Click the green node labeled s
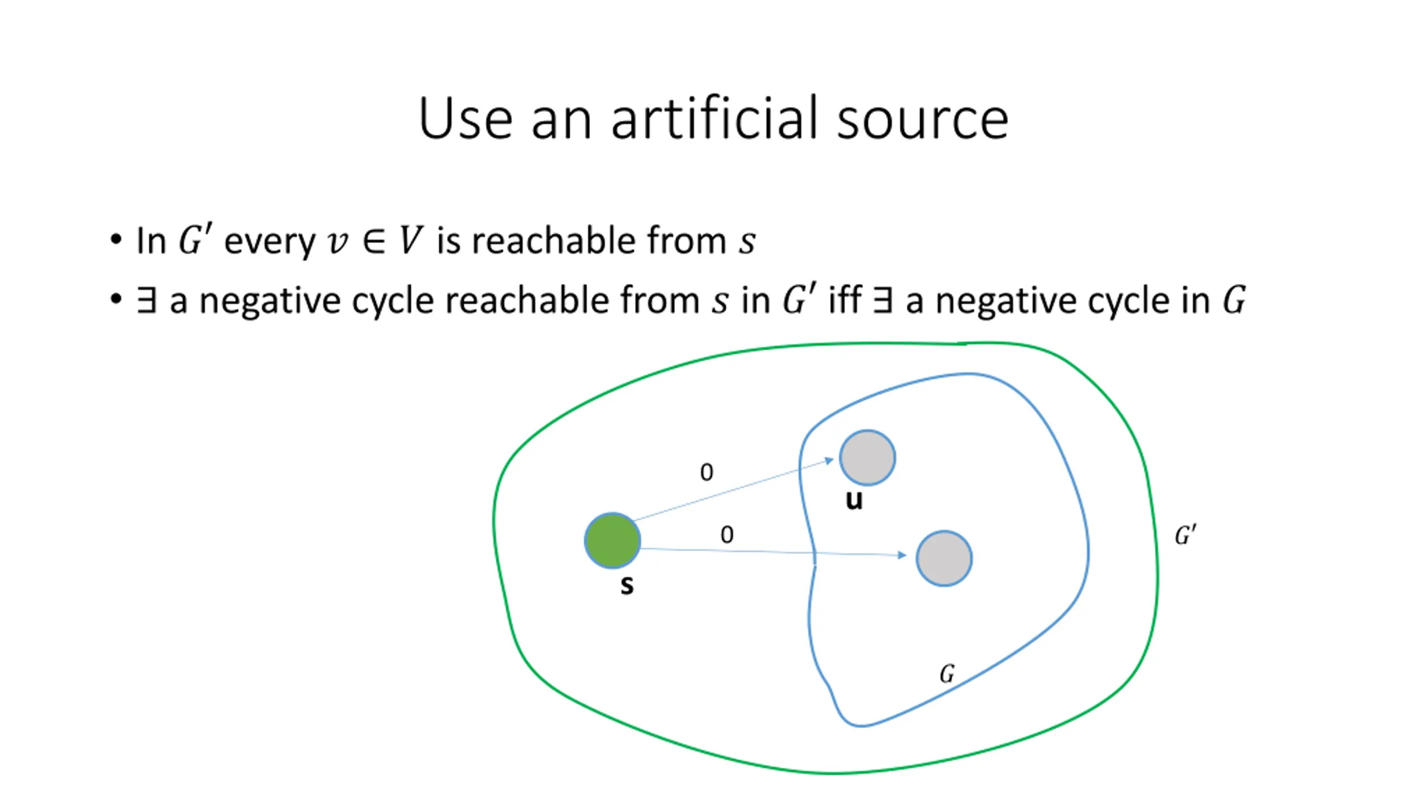coord(612,540)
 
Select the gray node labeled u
coord(867,457)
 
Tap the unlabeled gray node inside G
coord(944,558)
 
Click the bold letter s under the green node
coord(627,586)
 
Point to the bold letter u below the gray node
coord(854,500)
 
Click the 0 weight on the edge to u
coord(706,472)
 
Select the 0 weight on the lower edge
coord(727,535)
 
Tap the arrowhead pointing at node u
coord(829,461)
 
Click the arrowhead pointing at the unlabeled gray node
coord(901,555)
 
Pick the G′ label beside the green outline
coord(1185,535)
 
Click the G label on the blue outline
coord(947,674)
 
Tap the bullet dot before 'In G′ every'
coord(116,240)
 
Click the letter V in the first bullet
coord(411,241)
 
